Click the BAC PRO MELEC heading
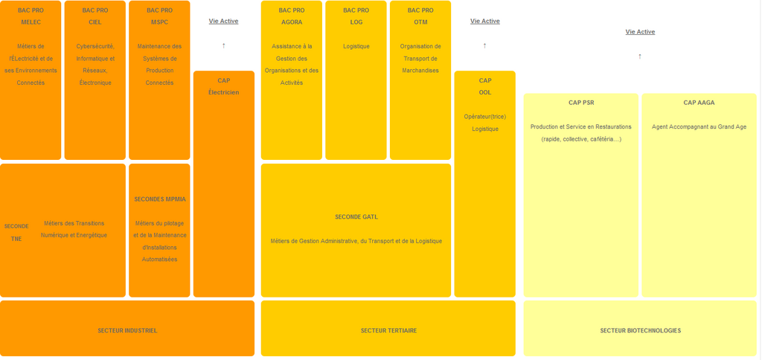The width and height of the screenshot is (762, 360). click(31, 16)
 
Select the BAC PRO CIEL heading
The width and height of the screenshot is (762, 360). click(95, 16)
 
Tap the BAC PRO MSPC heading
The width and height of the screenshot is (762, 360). click(159, 16)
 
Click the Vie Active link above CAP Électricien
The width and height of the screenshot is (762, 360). click(223, 21)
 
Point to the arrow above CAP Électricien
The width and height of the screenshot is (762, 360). click(223, 45)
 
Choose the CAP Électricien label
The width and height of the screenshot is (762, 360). click(223, 86)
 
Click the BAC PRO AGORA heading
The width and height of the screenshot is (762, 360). click(292, 16)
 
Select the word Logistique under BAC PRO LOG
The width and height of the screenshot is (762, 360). click(356, 46)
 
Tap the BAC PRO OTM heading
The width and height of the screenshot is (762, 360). click(420, 16)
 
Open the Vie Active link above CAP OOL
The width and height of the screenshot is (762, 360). click(485, 21)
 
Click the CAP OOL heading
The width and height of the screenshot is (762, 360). click(485, 86)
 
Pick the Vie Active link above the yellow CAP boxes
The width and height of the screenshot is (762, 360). click(640, 31)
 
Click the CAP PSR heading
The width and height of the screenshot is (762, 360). click(581, 103)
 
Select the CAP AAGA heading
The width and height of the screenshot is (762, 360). click(699, 103)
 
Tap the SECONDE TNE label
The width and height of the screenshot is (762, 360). click(16, 232)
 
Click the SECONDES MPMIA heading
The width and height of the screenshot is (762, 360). click(159, 199)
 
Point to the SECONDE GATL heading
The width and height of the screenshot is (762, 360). click(356, 216)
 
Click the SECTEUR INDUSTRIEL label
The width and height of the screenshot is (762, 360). click(127, 330)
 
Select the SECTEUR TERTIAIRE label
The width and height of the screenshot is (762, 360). click(388, 330)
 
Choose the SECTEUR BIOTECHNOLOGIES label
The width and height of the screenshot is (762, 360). click(640, 330)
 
